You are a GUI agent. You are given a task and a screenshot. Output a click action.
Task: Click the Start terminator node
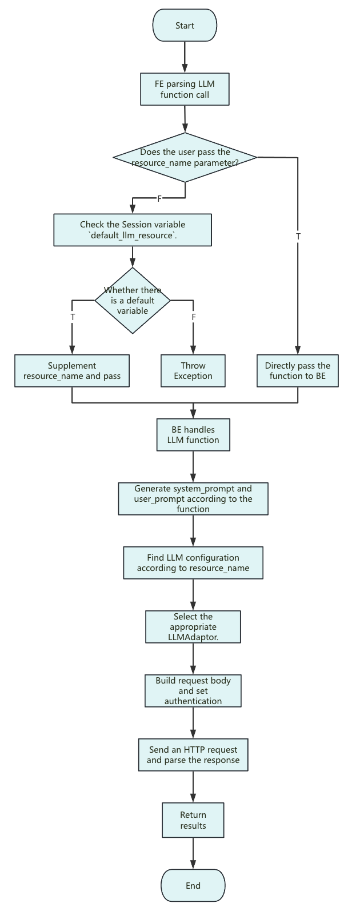(185, 26)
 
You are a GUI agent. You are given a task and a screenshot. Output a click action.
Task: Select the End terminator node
(193, 885)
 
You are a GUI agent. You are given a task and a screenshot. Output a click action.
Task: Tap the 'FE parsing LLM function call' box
(185, 89)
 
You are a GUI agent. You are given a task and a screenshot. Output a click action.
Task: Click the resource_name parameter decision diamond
(185, 157)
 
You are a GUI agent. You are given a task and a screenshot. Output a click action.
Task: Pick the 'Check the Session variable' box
(133, 230)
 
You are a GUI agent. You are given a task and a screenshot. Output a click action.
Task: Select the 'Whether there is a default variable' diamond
(133, 300)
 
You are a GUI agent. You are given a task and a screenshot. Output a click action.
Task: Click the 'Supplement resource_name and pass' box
(72, 371)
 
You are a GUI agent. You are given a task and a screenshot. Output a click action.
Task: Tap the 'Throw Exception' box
(193, 371)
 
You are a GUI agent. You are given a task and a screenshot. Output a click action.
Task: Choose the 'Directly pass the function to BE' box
(298, 371)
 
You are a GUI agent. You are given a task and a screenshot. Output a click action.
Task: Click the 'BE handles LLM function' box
(193, 435)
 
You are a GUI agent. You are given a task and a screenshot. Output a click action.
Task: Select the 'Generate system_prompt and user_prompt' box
(193, 499)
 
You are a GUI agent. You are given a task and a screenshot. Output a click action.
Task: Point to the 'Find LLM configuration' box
(193, 563)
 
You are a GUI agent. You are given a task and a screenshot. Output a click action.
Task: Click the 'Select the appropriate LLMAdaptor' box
(193, 627)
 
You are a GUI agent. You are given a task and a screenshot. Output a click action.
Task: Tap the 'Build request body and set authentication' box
(193, 691)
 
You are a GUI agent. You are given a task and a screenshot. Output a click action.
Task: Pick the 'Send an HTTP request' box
(193, 755)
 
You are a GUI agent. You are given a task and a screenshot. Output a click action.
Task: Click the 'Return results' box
(193, 820)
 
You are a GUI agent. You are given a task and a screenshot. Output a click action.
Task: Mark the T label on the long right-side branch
(298, 236)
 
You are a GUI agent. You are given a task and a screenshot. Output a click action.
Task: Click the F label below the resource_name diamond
(159, 198)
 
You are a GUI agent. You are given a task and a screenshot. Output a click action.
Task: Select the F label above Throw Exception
(194, 317)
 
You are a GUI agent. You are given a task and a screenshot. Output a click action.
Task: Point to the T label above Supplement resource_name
(73, 317)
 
